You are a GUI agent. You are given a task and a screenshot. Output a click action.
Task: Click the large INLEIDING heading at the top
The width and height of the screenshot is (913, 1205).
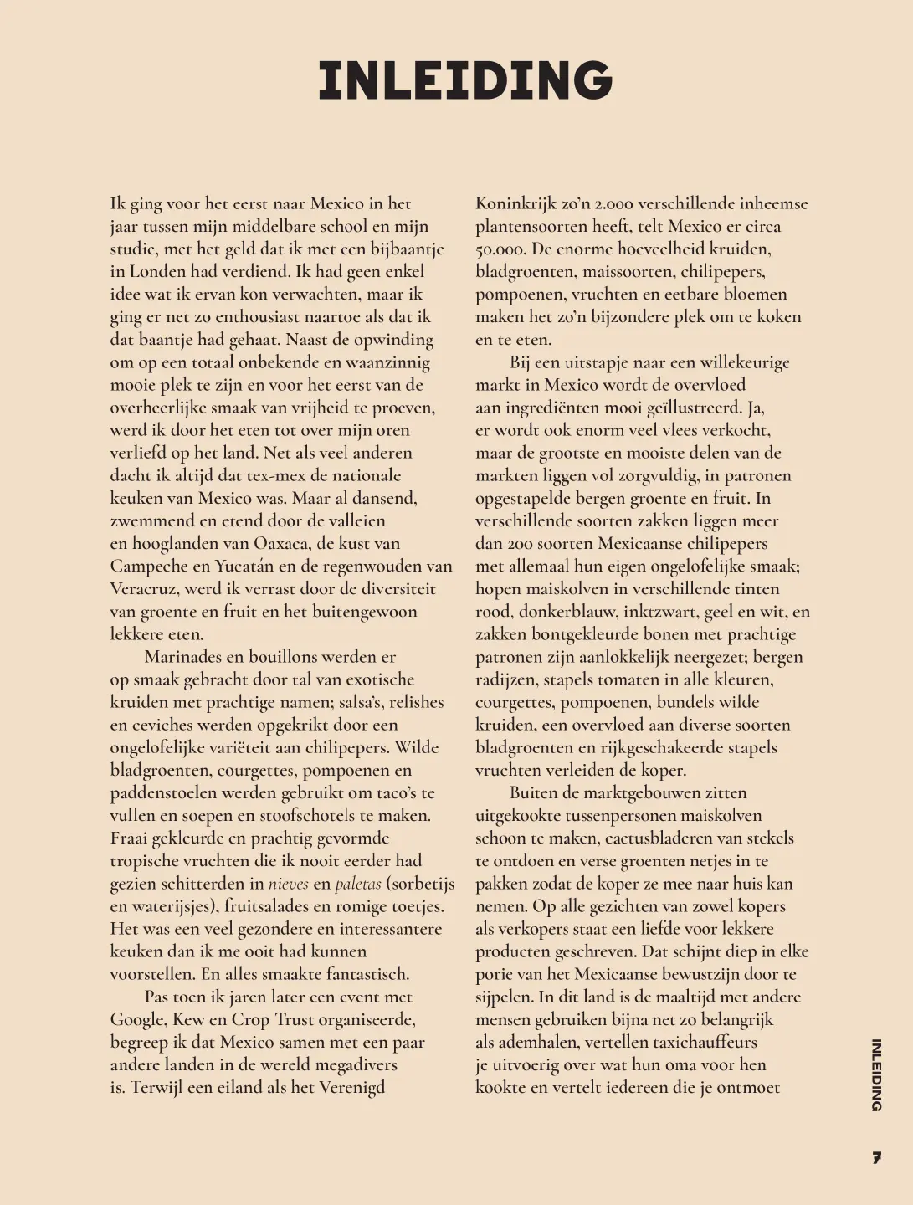[x=465, y=80]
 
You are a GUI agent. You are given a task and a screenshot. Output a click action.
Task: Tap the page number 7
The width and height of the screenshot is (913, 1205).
[x=876, y=1158]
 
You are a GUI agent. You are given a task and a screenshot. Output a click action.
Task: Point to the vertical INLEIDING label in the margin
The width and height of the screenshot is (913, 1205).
[x=876, y=1074]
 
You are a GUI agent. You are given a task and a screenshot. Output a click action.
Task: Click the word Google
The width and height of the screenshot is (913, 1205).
[x=138, y=1019]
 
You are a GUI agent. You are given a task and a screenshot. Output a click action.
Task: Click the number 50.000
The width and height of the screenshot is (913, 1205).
[x=500, y=249]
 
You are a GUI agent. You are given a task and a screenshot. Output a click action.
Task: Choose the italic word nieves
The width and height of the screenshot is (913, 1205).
[x=288, y=884]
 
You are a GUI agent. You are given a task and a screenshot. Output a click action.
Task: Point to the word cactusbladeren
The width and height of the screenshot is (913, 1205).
[x=639, y=838]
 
